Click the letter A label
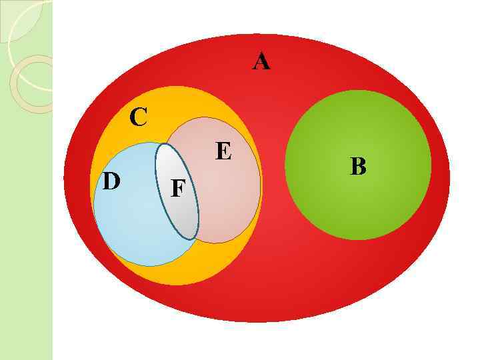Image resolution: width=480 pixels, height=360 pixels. [x=261, y=62]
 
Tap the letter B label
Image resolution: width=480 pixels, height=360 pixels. [x=358, y=166]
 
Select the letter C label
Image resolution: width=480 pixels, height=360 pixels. [x=138, y=117]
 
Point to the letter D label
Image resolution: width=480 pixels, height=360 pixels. [x=111, y=181]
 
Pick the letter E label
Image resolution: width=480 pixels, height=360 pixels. [x=223, y=152]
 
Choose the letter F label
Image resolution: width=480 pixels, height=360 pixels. [x=178, y=189]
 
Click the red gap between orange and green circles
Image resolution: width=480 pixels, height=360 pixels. [x=273, y=173]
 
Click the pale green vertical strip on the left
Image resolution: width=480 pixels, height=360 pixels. [x=27, y=233]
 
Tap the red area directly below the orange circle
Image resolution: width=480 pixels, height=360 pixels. [x=180, y=303]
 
